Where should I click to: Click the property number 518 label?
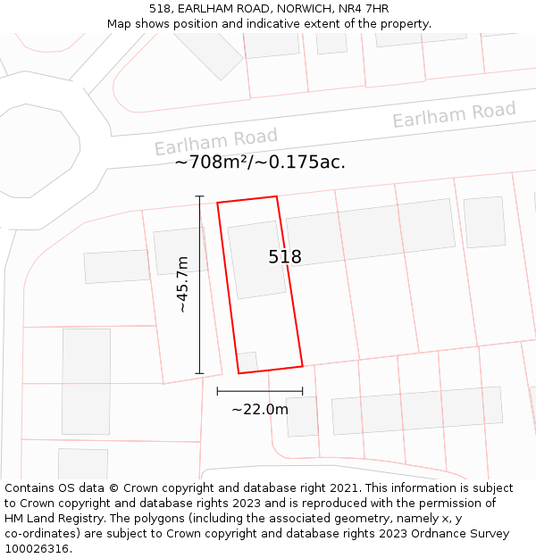coord(285,257)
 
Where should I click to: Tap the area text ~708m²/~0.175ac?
coord(260,162)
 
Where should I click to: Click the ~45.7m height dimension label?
coord(181,284)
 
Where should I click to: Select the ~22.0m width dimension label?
coord(260,410)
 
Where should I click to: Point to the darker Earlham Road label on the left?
coord(215,141)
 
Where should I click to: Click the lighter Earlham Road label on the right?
coord(454,114)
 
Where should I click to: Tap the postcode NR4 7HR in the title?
coord(365,9)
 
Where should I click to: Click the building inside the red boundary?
coord(256,259)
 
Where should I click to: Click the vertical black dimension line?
coord(199,284)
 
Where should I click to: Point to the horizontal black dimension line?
coord(259,391)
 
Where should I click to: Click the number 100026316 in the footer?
coord(35,549)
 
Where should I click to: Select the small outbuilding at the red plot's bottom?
coord(247,362)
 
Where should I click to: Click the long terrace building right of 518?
coord(371,230)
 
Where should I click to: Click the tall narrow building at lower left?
coord(87,381)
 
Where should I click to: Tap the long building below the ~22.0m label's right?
coord(416,411)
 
